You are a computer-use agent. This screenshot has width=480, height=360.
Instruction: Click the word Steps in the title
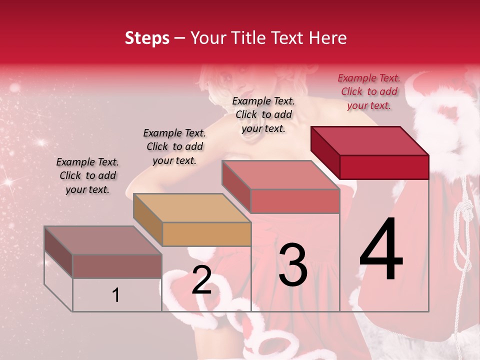[147, 38]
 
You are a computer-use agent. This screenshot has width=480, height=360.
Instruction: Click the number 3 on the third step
[292, 265]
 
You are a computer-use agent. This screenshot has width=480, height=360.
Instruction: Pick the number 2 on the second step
[201, 280]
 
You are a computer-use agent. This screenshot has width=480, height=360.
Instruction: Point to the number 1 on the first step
[116, 295]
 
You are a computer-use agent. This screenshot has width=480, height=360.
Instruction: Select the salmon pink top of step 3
[280, 175]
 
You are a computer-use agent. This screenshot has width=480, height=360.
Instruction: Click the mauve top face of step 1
[102, 240]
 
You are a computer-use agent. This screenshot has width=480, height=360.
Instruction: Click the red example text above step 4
[369, 92]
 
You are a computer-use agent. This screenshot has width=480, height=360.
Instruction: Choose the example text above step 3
[263, 114]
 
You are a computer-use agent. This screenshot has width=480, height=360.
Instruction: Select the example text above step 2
[174, 146]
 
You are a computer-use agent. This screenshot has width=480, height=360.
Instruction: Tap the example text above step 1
[87, 175]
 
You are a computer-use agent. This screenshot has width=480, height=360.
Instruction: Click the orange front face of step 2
[206, 234]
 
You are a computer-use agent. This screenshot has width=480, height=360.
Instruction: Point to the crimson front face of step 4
[384, 167]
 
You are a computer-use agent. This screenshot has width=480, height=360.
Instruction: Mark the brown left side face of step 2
[148, 220]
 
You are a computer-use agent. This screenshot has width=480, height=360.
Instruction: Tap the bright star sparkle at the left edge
[8, 181]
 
